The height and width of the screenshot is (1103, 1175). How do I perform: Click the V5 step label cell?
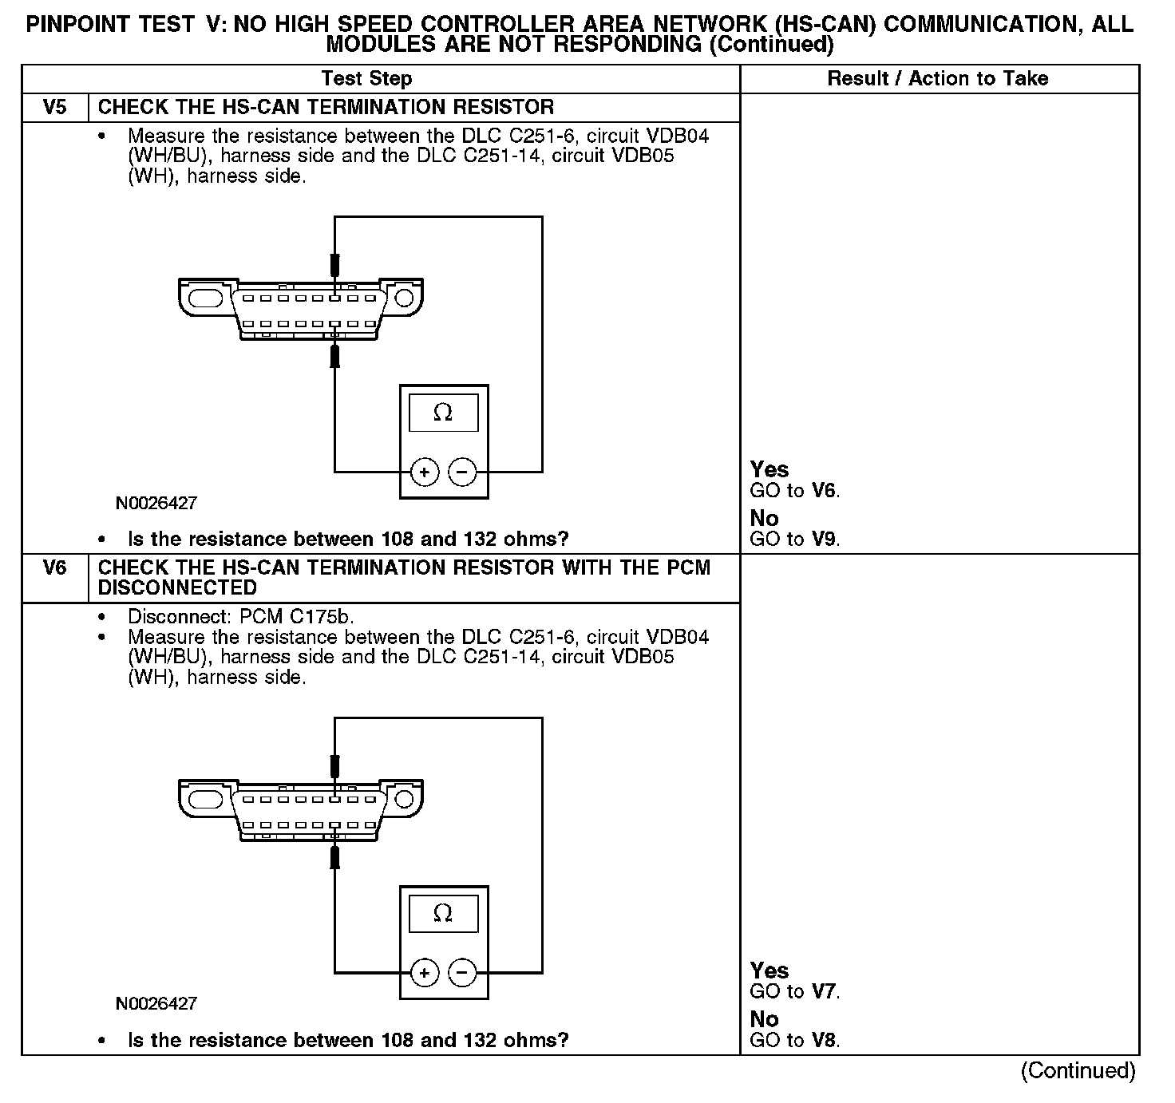54,107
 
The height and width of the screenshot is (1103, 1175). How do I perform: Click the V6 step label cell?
54,568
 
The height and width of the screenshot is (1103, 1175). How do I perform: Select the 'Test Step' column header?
366,78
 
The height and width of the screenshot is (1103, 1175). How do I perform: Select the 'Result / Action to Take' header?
937,78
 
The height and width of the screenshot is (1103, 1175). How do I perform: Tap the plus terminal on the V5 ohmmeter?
424,472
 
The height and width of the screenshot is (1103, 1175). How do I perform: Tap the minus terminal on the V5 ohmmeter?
462,472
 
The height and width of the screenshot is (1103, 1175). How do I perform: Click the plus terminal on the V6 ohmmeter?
424,973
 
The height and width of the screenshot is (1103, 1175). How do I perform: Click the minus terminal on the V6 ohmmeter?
462,973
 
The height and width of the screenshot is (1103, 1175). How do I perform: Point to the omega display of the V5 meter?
443,413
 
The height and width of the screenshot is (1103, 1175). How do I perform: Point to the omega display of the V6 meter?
443,913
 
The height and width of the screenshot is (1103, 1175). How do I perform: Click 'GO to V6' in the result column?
795,491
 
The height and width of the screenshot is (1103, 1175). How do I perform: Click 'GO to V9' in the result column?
795,540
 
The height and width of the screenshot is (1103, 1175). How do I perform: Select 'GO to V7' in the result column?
795,992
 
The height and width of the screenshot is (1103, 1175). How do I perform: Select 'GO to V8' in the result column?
795,1041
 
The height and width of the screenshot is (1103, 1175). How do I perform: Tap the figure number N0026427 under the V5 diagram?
156,504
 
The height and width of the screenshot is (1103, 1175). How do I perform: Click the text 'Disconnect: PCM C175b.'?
241,617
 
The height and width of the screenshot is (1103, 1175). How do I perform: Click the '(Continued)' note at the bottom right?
1077,1071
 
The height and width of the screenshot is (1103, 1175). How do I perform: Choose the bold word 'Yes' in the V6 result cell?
769,971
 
